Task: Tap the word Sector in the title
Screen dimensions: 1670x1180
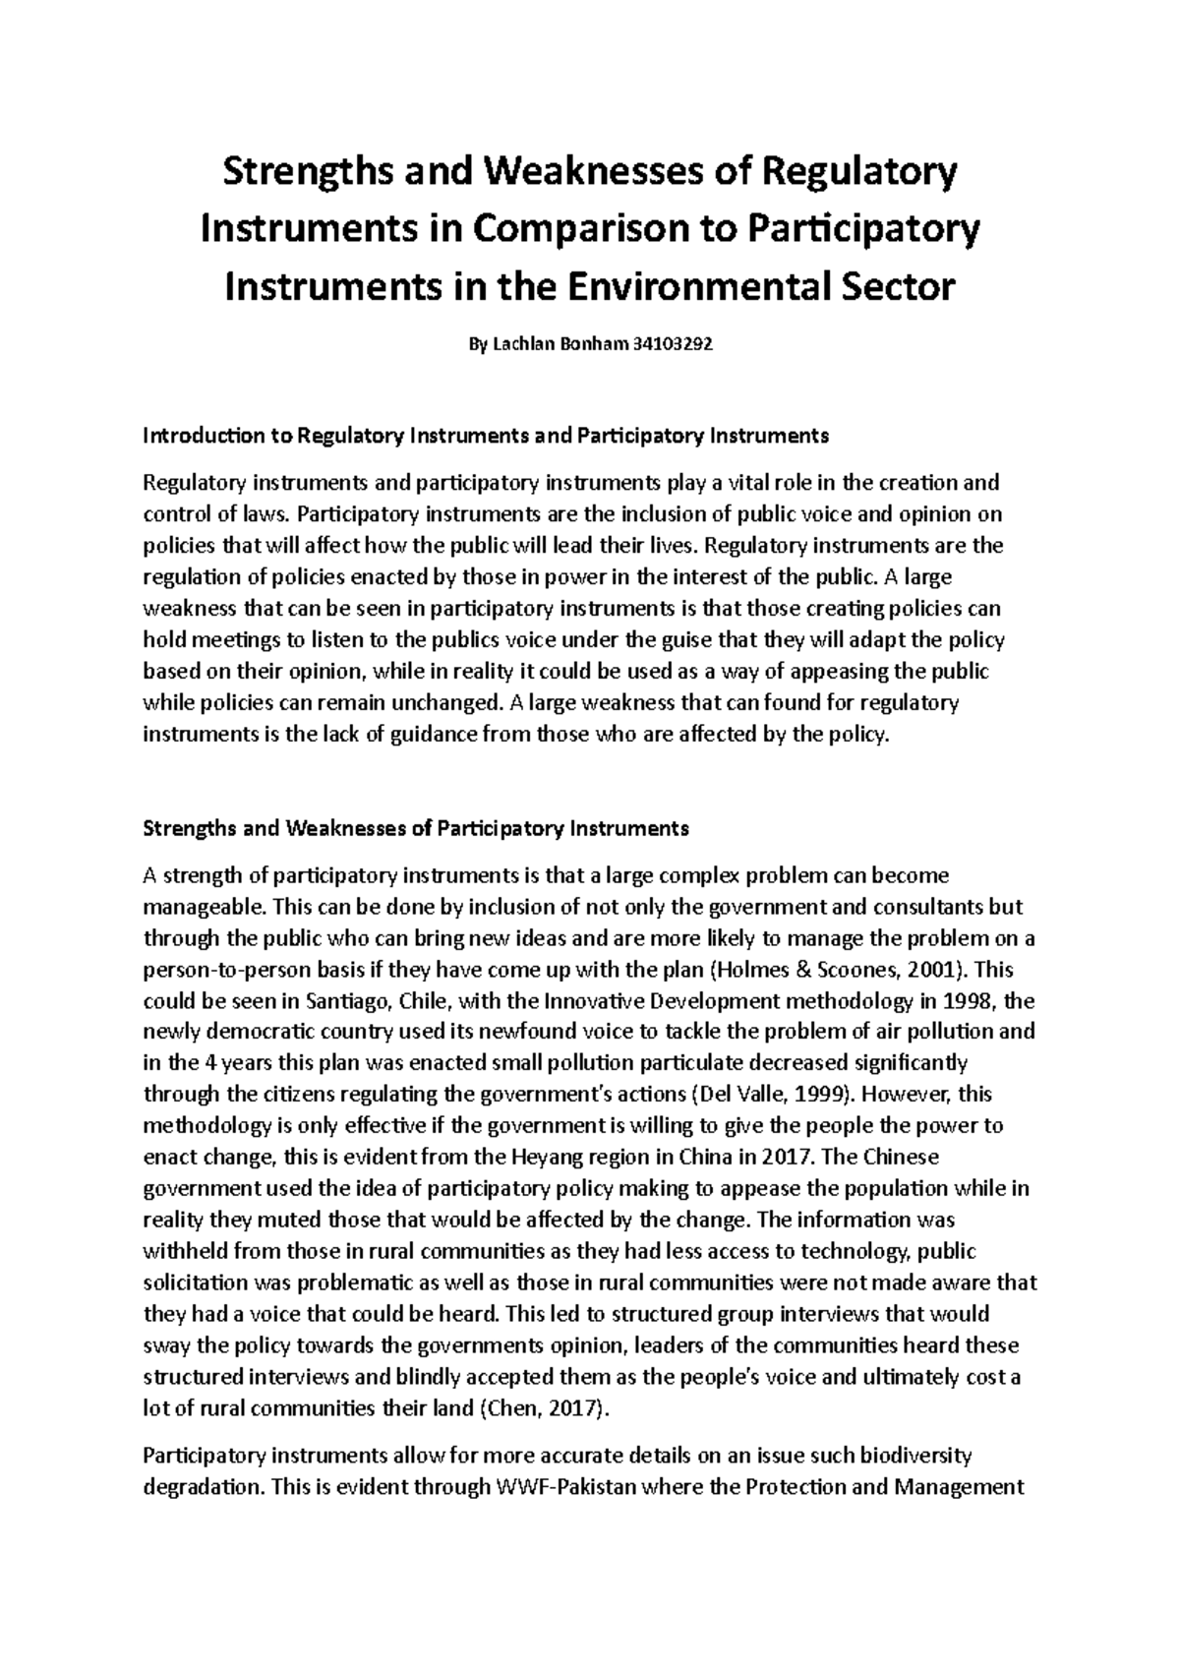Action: point(903,287)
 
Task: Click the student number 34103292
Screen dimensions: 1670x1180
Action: point(668,345)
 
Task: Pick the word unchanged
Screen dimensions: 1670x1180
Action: point(448,703)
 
